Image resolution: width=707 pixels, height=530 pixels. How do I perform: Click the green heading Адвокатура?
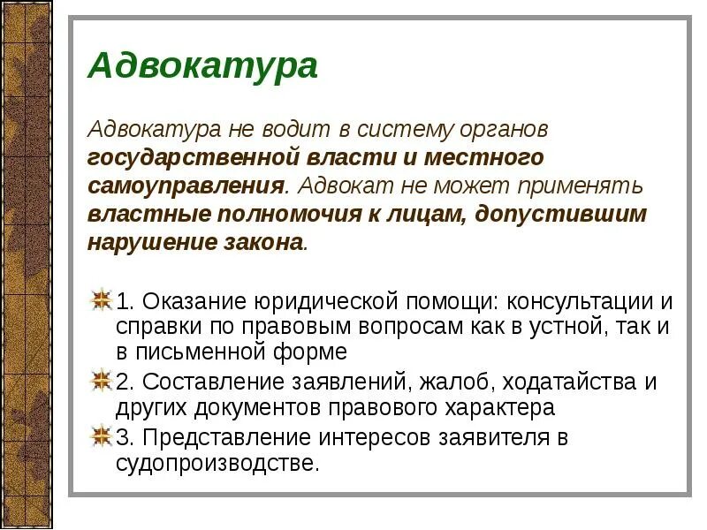(x=202, y=66)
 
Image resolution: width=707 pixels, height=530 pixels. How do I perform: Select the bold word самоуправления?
(x=186, y=187)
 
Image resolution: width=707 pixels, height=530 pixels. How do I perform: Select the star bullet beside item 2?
(x=102, y=382)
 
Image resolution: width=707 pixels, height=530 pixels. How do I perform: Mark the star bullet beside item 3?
(x=102, y=436)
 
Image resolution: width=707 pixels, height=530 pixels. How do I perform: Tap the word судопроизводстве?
(x=216, y=463)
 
